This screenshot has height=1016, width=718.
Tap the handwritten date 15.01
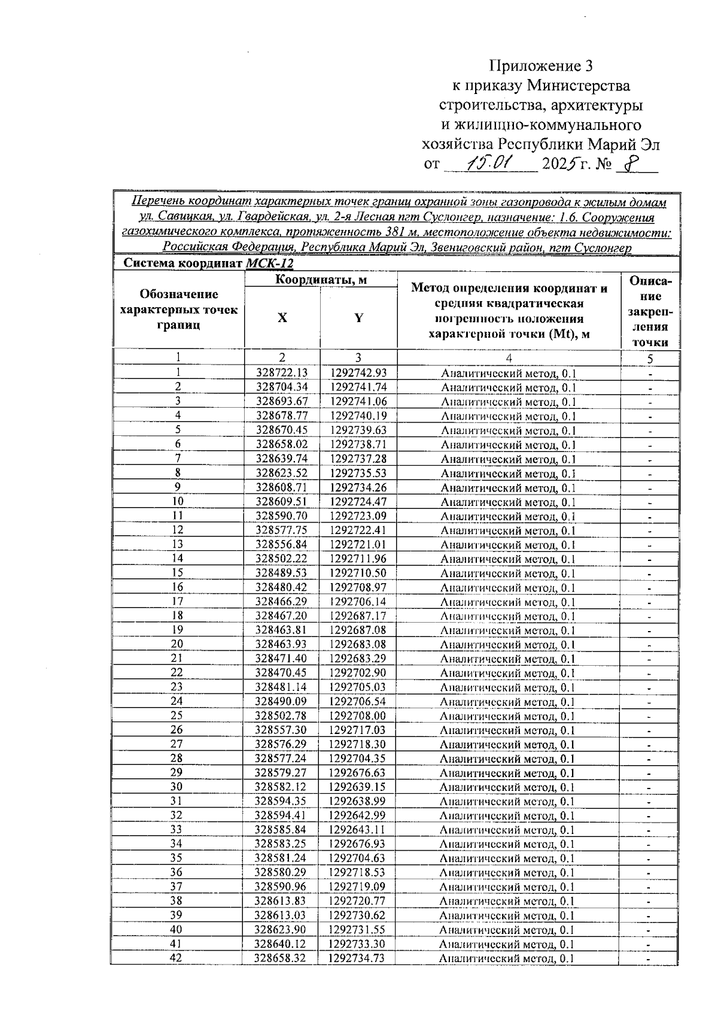[488, 162]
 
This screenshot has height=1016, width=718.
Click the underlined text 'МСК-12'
[270, 263]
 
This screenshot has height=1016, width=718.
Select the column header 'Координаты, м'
[321, 280]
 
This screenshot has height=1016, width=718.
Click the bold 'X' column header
[282, 318]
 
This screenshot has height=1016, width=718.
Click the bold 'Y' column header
[358, 318]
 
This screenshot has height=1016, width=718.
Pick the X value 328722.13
[282, 373]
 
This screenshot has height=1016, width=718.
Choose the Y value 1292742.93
[358, 373]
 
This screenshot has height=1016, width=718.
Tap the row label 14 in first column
[178, 559]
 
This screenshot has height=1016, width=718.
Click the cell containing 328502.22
[282, 559]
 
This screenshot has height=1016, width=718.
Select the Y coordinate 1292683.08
[358, 644]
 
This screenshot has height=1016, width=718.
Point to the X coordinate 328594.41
[281, 815]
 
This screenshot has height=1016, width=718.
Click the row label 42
[177, 958]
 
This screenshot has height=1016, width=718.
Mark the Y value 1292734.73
[357, 958]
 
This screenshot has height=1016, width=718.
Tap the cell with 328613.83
[281, 901]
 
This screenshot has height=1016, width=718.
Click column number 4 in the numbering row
[509, 358]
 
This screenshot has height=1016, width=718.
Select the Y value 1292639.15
[357, 787]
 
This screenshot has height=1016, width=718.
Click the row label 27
[177, 744]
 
